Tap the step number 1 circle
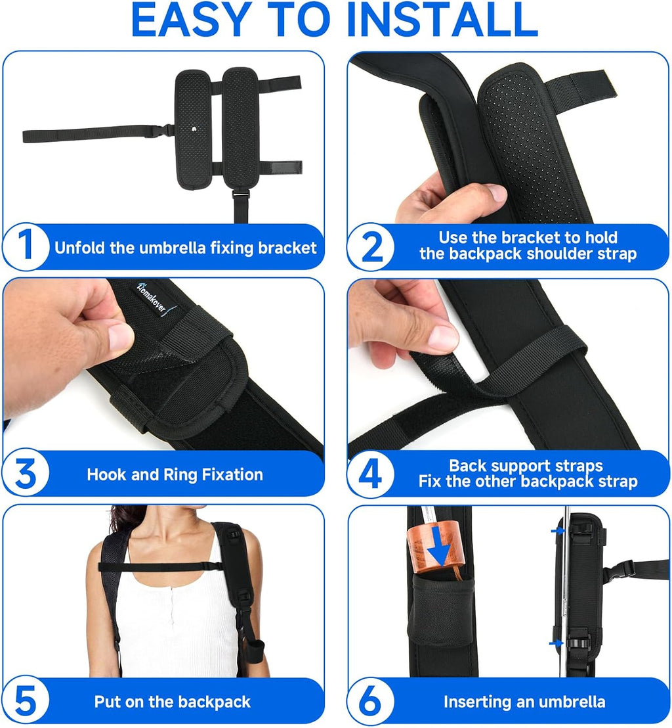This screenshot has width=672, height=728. [26, 246]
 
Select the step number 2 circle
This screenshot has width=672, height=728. [371, 246]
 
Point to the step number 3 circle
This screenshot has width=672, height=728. [26, 474]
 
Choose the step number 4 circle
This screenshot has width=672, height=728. [371, 474]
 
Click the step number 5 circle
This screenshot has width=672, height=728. [26, 700]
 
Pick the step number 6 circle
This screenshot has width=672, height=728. [371, 700]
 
